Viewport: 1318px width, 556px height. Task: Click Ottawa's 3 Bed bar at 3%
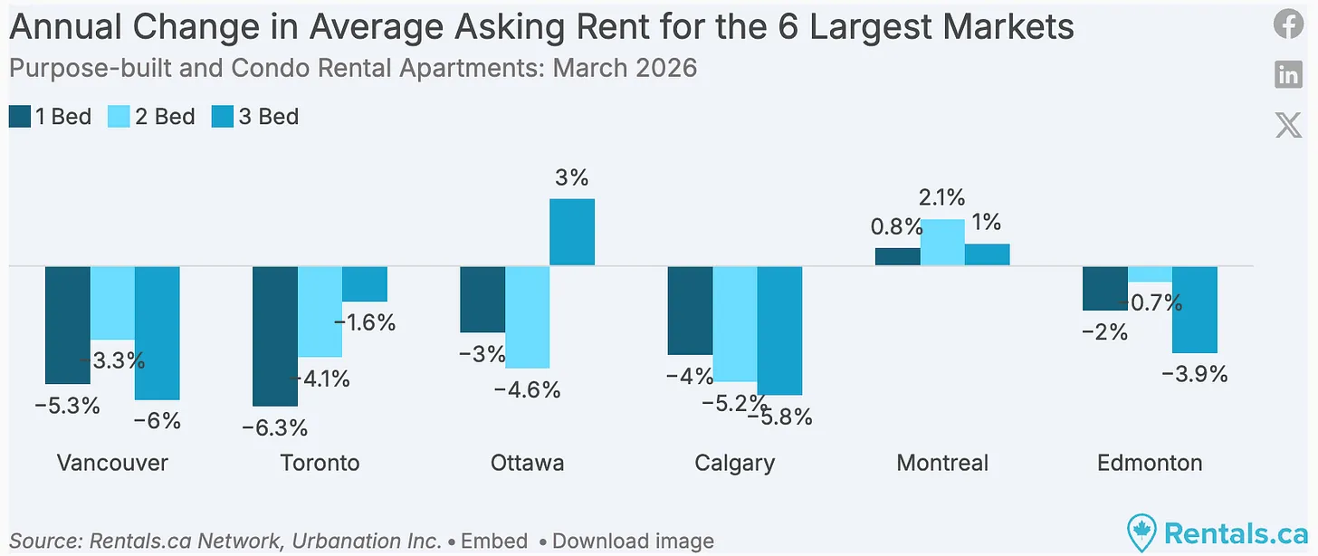coord(572,232)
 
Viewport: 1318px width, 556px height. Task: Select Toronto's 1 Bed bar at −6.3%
coord(274,336)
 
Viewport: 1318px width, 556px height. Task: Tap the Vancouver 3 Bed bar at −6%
coord(158,332)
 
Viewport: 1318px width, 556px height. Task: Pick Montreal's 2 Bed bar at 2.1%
coord(942,243)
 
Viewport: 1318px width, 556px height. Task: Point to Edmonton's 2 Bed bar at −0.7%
coord(1150,273)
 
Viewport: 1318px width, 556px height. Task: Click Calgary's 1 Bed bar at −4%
coord(690,310)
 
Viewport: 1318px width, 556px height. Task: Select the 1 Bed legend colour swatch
coord(19,117)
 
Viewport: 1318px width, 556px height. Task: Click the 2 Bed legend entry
coord(151,117)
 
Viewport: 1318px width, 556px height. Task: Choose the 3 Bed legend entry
coord(254,117)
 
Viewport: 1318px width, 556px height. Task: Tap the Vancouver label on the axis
coord(112,463)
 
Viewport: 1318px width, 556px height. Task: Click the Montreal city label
coord(942,463)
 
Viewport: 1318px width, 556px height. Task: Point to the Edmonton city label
coord(1150,463)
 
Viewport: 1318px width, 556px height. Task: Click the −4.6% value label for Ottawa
coord(527,390)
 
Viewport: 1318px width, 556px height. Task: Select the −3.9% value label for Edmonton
coord(1195,374)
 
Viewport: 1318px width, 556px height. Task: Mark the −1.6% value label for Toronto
coord(364,322)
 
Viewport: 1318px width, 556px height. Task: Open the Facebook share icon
coord(1288,24)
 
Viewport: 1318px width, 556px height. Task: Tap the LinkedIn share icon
coord(1288,75)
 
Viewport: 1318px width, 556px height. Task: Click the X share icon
coord(1288,125)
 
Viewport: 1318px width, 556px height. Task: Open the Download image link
coord(633,542)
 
